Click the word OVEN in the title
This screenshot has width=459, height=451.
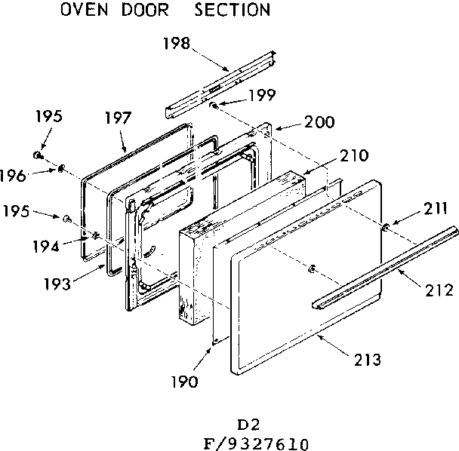pyautogui.click(x=84, y=11)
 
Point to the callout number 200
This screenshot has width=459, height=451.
pyautogui.click(x=319, y=121)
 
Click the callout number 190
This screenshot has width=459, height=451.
pyautogui.click(x=183, y=382)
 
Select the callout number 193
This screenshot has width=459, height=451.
pyautogui.click(x=57, y=285)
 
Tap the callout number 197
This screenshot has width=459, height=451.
pyautogui.click(x=118, y=118)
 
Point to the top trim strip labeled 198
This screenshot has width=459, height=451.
pyautogui.click(x=219, y=78)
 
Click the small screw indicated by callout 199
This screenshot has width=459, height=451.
pyautogui.click(x=214, y=105)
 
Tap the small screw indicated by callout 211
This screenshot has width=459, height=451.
pyautogui.click(x=386, y=226)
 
